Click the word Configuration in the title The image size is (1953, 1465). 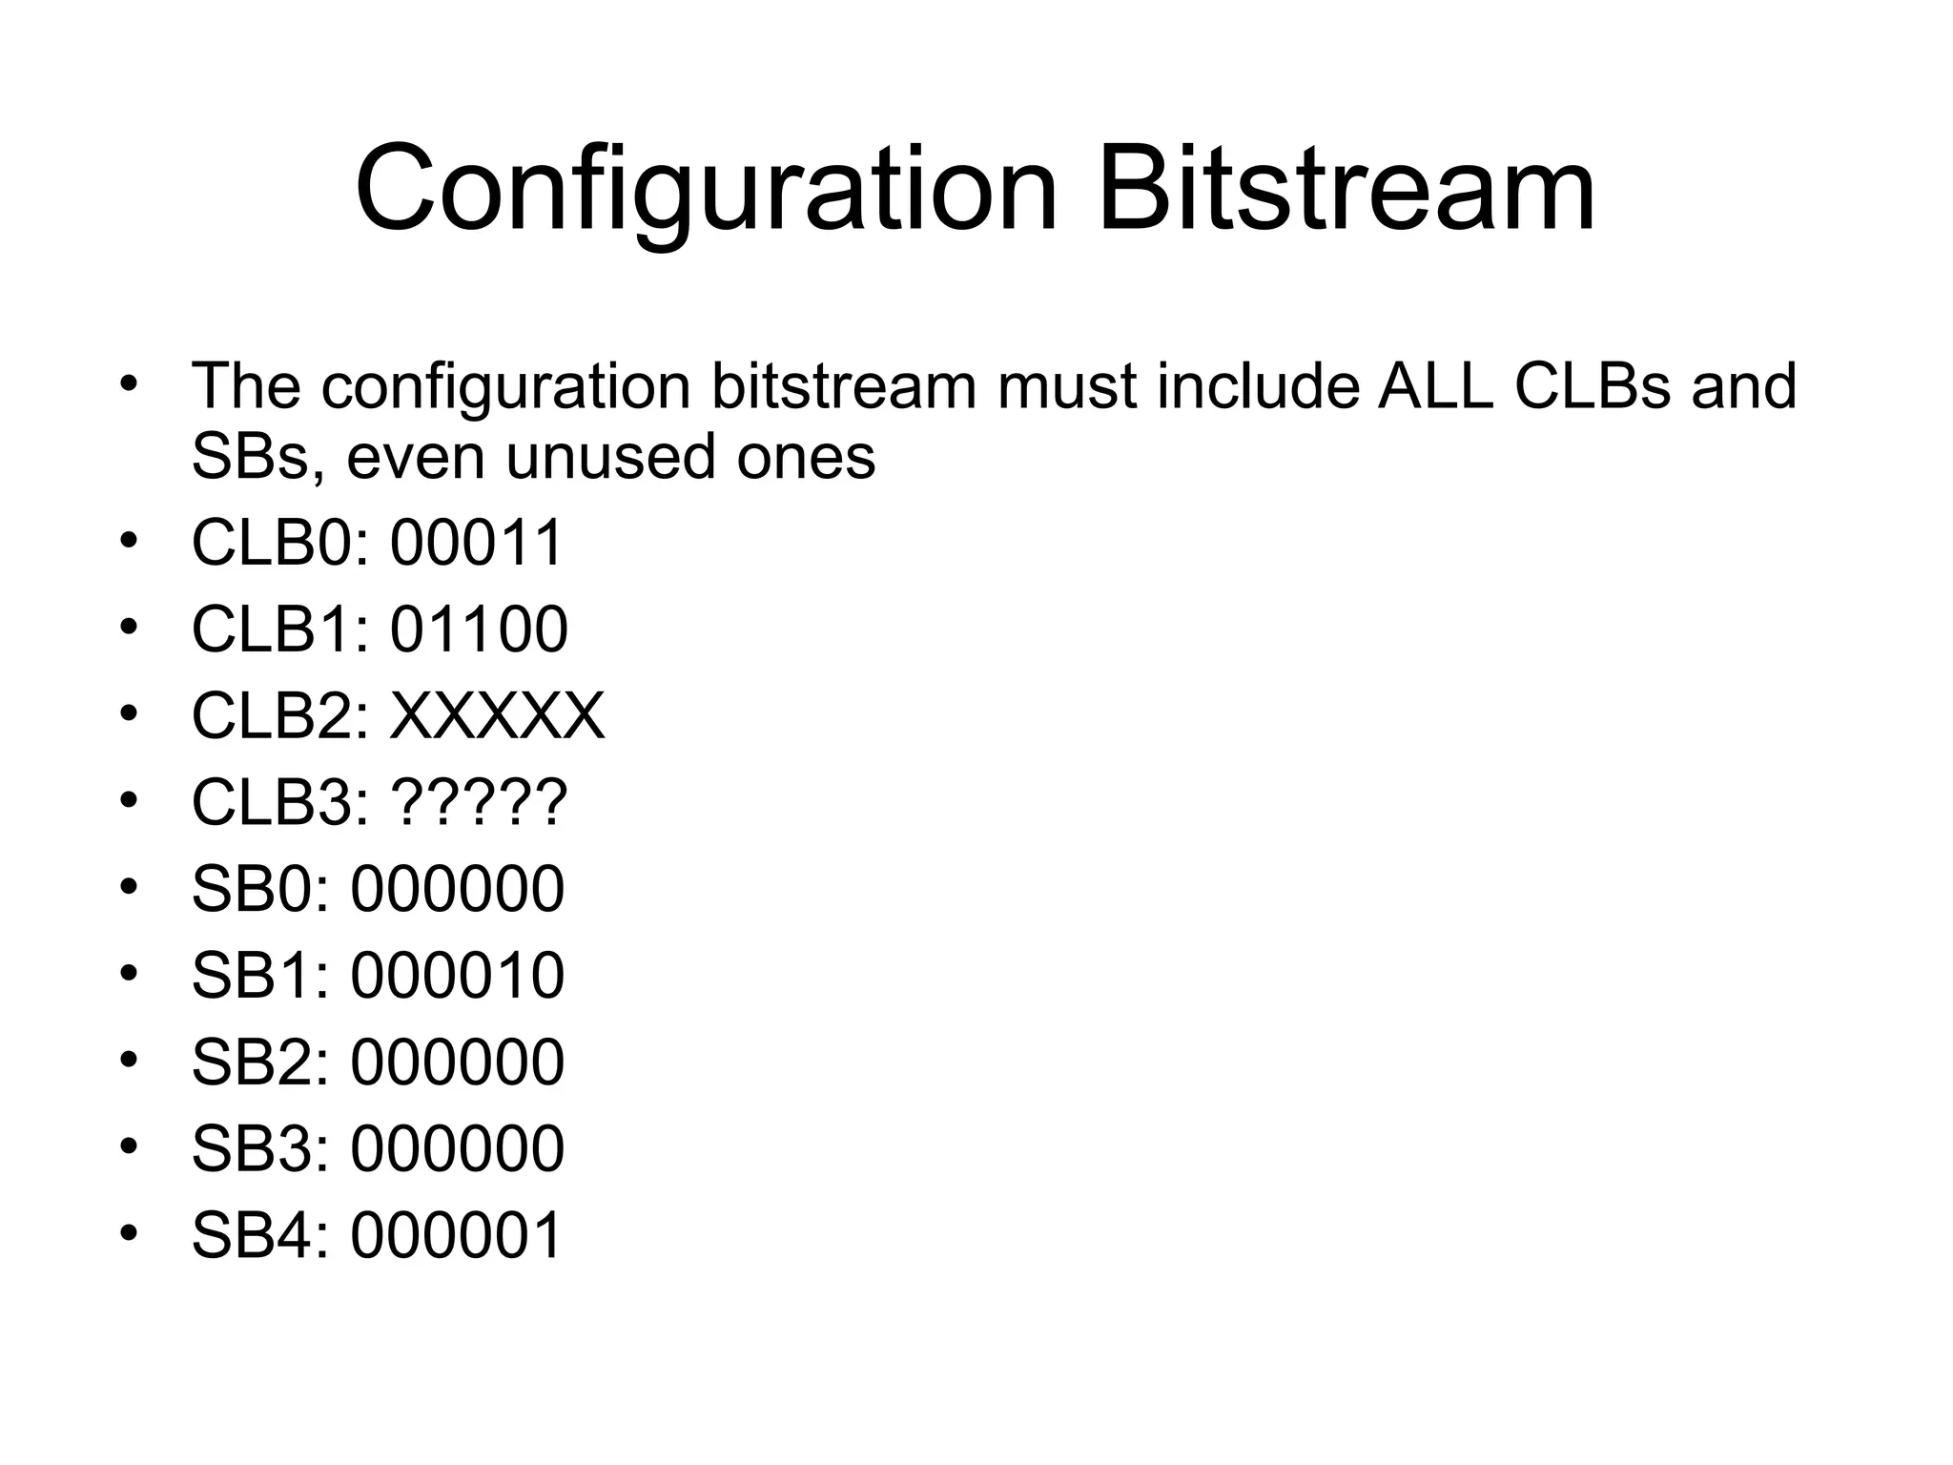[x=706, y=189]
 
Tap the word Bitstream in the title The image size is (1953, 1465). [x=1346, y=189]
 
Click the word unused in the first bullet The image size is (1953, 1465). [x=611, y=457]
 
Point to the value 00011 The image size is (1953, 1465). [x=477, y=543]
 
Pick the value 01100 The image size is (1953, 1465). [x=479, y=629]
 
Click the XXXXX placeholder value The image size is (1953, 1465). [x=497, y=716]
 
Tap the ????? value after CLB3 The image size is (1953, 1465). [x=479, y=802]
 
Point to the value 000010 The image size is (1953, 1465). [x=458, y=976]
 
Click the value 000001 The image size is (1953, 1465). [x=458, y=1235]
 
